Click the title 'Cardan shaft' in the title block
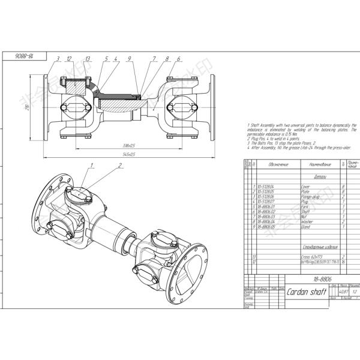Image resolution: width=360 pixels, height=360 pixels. point(307,292)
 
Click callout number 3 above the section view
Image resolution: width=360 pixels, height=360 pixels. point(58,59)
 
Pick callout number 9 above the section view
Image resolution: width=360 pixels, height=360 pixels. point(128,59)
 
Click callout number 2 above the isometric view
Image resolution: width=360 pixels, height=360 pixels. point(119,165)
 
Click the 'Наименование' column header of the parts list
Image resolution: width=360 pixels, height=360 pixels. point(316,164)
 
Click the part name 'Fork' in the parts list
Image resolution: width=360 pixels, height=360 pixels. point(305,206)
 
